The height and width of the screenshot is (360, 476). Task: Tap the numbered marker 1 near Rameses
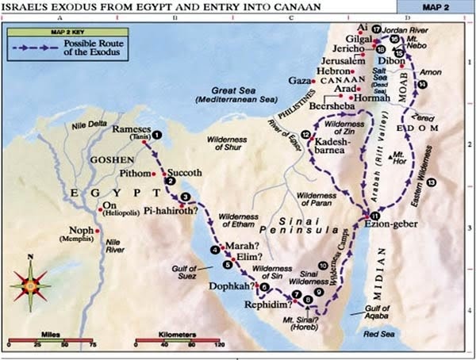coord(157,135)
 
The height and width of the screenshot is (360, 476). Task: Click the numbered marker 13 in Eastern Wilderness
coord(430,182)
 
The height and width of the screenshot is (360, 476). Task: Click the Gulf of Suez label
coord(184,272)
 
